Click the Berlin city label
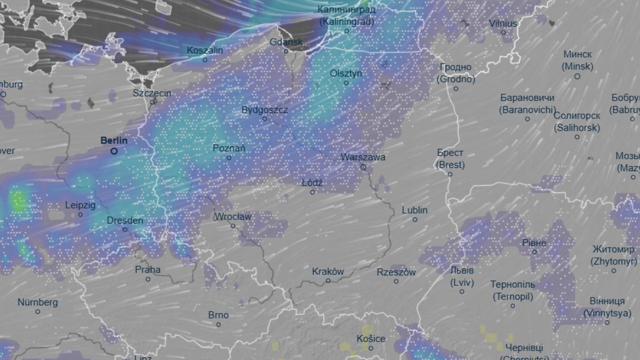point(114,141)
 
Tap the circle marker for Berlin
point(114,151)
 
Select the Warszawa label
point(363,157)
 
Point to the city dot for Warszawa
point(363,167)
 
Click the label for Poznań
point(229,148)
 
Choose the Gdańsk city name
point(286,42)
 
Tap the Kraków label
point(328,271)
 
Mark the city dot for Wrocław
point(233,226)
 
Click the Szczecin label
point(152,93)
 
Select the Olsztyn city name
point(346,74)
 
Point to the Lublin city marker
point(415,219)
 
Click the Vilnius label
point(503,23)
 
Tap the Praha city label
point(148,269)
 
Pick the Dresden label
point(125,220)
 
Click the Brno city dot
point(218,324)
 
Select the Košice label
point(371,339)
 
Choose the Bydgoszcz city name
point(265,110)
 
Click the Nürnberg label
point(37,302)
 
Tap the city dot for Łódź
point(313,192)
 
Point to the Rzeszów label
point(396,272)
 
